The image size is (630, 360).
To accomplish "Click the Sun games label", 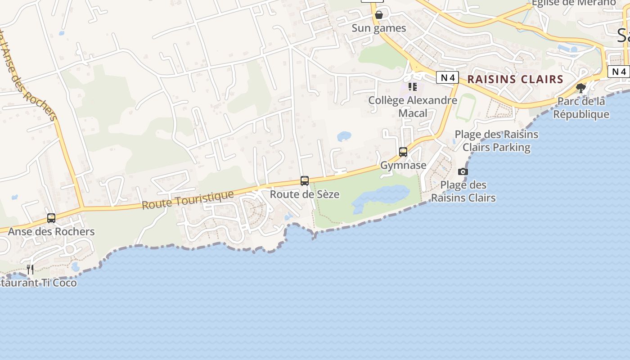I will click(378, 28).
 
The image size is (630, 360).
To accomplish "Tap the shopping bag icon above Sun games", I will click(379, 15).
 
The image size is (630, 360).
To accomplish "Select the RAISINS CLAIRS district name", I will click(515, 80).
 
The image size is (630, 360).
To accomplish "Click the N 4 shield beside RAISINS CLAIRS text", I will click(447, 77).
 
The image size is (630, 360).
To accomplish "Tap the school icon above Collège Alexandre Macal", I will click(413, 86).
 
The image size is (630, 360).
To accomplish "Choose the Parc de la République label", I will click(581, 108).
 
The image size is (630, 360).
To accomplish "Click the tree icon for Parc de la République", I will click(581, 88).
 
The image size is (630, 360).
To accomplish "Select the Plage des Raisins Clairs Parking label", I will click(496, 141).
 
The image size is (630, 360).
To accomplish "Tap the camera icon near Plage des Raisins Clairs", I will click(463, 171).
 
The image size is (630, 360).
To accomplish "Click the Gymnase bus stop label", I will click(403, 165).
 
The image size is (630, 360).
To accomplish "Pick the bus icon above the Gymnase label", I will click(403, 152).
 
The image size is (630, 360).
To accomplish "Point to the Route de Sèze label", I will click(305, 194).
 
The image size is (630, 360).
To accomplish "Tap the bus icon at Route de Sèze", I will click(305, 181).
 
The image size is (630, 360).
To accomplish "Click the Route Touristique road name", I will click(188, 200).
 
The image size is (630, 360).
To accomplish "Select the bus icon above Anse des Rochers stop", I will click(51, 218).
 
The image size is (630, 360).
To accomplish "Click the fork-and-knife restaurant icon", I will click(30, 270).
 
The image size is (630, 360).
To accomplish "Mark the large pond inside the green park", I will click(380, 196).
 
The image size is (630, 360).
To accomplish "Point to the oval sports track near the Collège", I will click(465, 107).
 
